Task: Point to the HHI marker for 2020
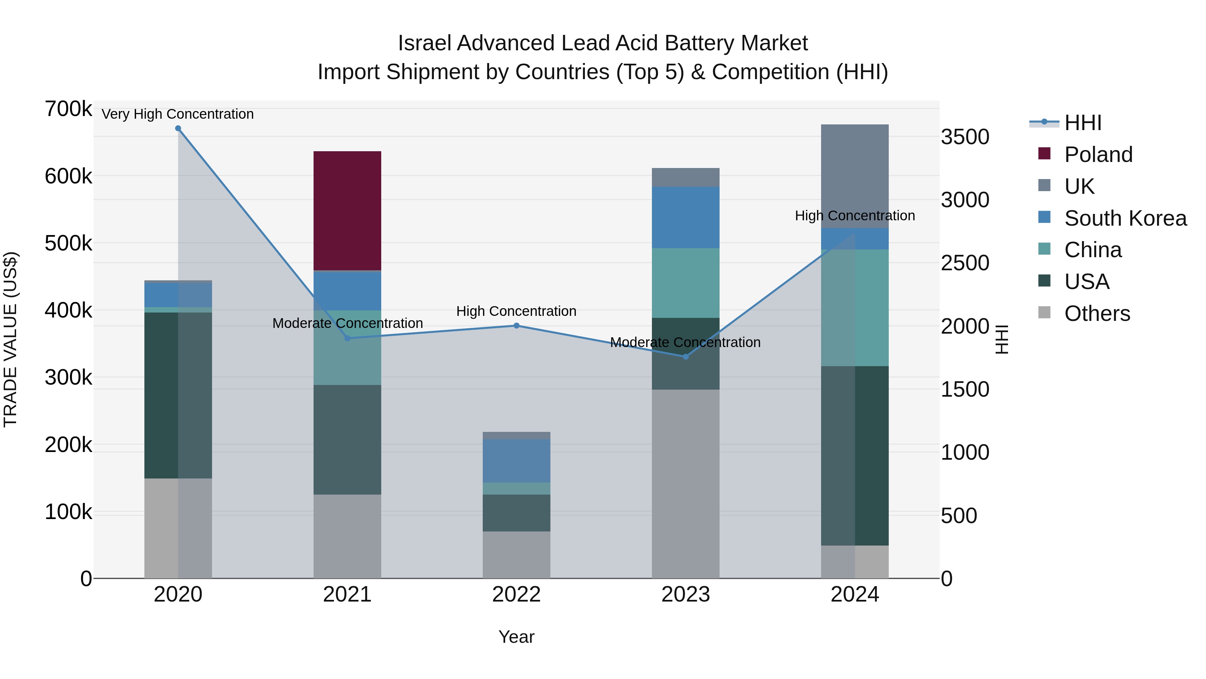pyautogui.click(x=178, y=128)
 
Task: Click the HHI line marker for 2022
pyautogui.click(x=516, y=326)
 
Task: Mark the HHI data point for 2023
pyautogui.click(x=685, y=357)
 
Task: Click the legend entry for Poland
pyautogui.click(x=1098, y=155)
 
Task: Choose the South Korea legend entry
pyautogui.click(x=1125, y=218)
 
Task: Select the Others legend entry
pyautogui.click(x=1097, y=314)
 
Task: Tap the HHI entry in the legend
pyautogui.click(x=1082, y=123)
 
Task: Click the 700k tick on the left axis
pyautogui.click(x=68, y=109)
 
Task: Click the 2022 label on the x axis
pyautogui.click(x=516, y=595)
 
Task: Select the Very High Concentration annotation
pyautogui.click(x=178, y=114)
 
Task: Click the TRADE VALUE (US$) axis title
pyautogui.click(x=10, y=339)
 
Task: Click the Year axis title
pyautogui.click(x=516, y=637)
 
